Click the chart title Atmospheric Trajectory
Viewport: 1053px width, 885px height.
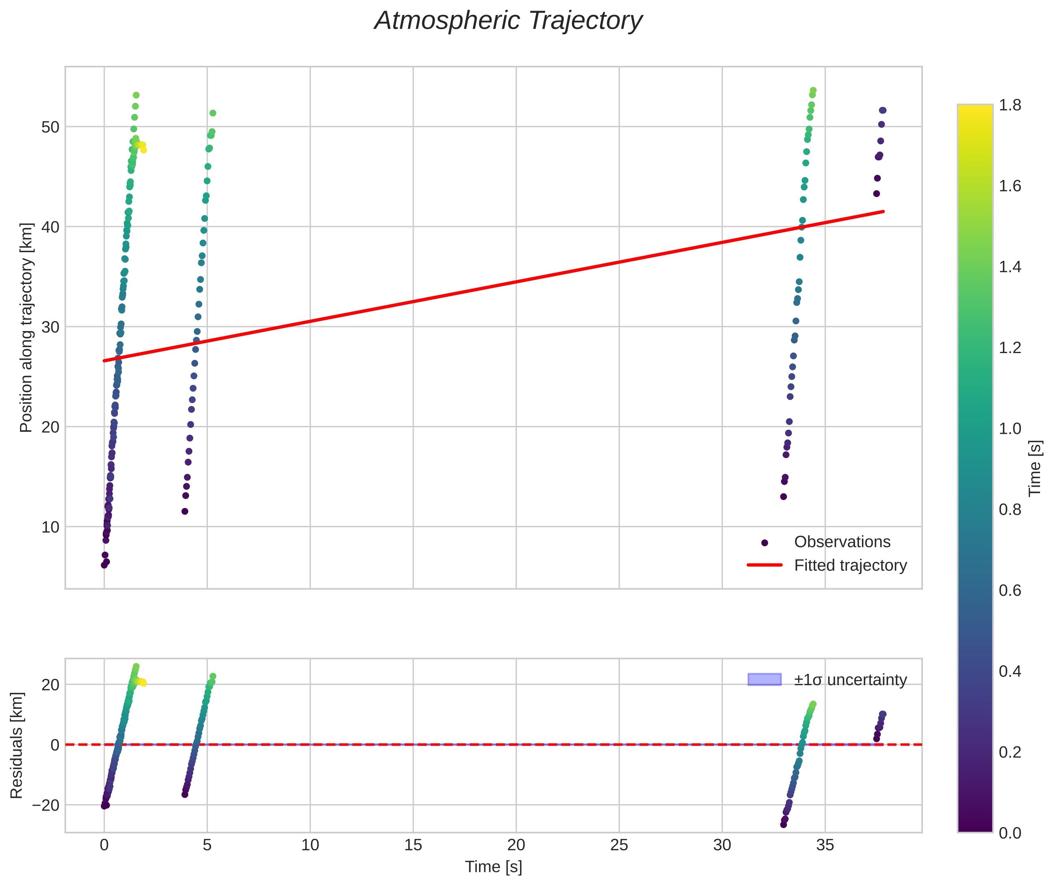(508, 21)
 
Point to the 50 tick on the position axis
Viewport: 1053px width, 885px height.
(50, 127)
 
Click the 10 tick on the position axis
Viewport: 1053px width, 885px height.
(50, 527)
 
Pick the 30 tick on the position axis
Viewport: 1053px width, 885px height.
(50, 327)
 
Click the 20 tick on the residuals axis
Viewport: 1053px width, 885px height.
(50, 685)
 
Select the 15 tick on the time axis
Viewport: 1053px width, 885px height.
(413, 845)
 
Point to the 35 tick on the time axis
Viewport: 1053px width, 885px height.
(825, 845)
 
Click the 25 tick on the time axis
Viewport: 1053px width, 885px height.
(619, 845)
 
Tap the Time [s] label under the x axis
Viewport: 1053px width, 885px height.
(493, 867)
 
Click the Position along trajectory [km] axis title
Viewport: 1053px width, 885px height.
(26, 327)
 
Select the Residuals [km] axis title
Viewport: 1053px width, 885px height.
(17, 745)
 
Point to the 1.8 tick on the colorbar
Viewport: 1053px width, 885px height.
(1009, 105)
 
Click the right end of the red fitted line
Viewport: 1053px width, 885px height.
(883, 212)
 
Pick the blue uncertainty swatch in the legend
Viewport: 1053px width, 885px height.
(764, 679)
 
